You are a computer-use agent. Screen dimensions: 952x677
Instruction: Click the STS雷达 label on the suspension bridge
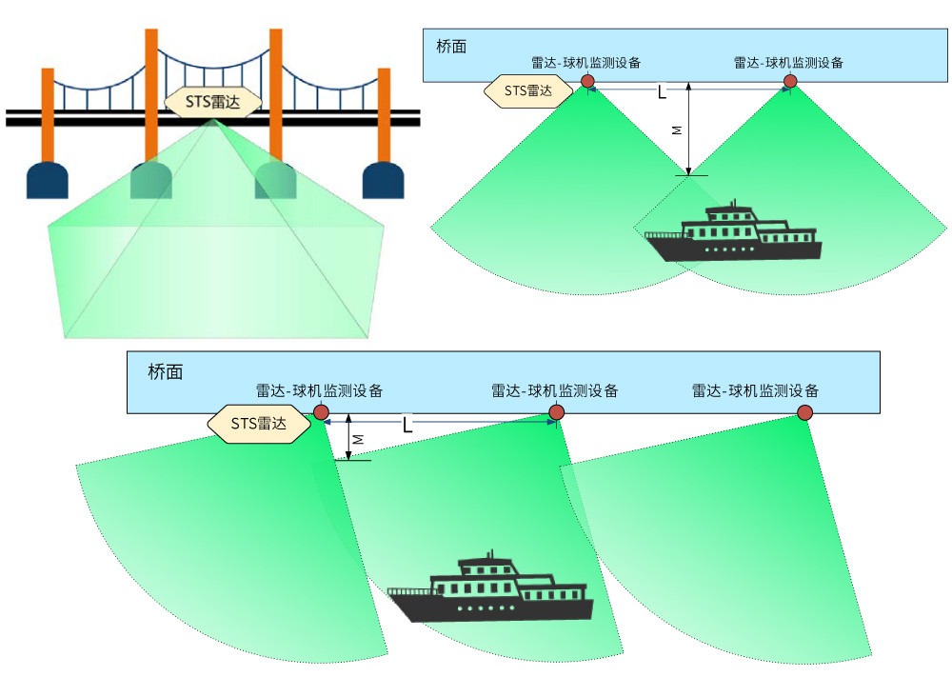tap(213, 101)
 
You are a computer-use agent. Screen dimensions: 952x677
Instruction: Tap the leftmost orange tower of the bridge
tap(48, 115)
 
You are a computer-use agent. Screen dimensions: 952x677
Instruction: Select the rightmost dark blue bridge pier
tap(383, 180)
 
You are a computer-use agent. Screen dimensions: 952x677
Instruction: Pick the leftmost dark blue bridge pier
tap(48, 180)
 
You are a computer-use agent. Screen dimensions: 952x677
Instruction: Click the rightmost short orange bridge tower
tap(384, 115)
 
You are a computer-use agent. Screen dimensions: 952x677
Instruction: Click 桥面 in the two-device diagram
tap(451, 46)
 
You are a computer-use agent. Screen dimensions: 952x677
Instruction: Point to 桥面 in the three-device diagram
tap(165, 371)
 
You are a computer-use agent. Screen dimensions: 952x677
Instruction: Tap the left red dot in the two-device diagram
tap(587, 81)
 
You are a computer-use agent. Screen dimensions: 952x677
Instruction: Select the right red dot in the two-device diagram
tap(790, 81)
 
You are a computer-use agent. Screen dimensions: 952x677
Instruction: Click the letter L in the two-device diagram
tap(663, 92)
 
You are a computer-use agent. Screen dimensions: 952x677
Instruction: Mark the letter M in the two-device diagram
tap(677, 129)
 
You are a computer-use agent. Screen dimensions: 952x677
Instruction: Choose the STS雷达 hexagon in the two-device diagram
tap(528, 91)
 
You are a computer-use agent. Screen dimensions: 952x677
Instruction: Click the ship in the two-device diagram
tap(733, 232)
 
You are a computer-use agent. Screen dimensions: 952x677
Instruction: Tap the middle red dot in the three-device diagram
tap(556, 413)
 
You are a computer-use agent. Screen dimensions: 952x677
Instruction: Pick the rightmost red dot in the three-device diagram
tap(805, 413)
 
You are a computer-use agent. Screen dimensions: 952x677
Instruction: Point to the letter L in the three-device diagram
tap(407, 425)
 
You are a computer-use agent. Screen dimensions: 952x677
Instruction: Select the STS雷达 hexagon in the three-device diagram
tap(259, 423)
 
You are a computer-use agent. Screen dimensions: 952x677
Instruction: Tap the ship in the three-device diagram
tap(490, 587)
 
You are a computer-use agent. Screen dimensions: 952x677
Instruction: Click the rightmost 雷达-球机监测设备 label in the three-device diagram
tap(755, 390)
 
